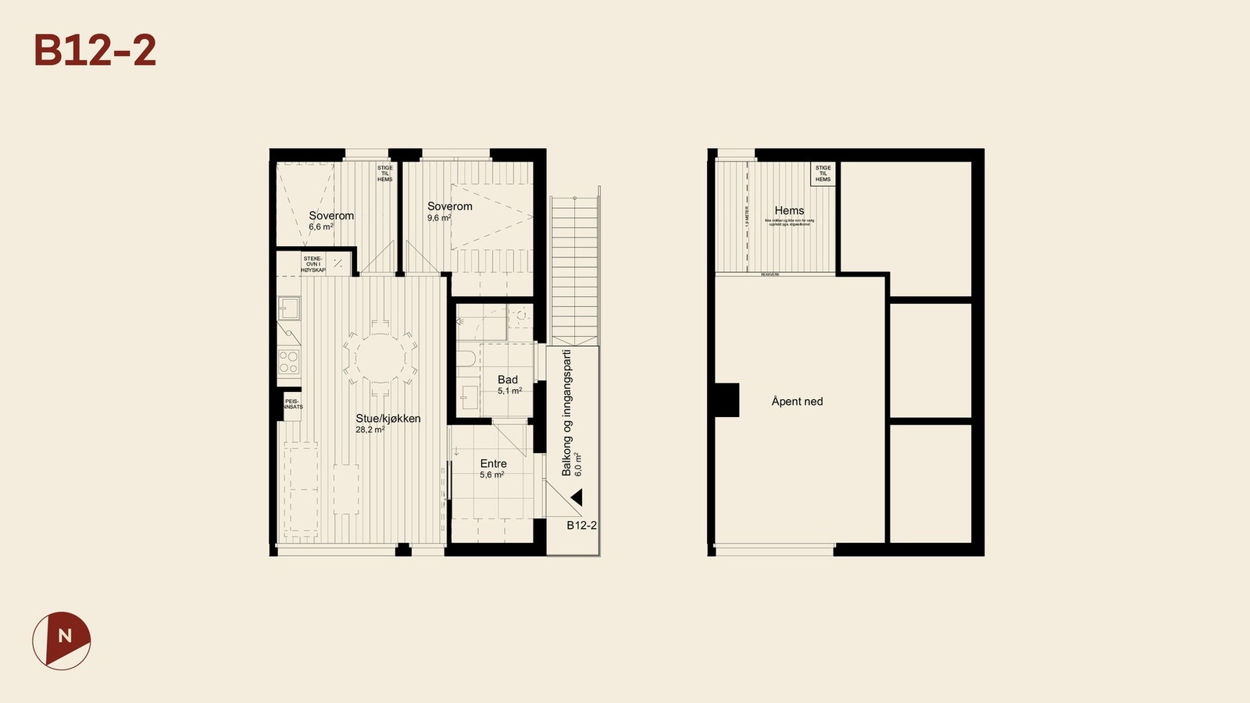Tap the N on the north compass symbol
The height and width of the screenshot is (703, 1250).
65,636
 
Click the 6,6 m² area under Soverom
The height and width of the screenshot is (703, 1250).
320,227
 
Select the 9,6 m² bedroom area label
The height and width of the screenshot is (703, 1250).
439,218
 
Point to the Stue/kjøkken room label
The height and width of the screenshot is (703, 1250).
388,419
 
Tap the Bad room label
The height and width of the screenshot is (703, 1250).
508,380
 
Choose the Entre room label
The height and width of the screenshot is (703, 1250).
494,463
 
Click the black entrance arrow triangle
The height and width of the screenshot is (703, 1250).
577,497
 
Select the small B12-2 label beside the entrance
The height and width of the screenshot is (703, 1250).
581,525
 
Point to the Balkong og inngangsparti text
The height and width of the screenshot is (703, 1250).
567,412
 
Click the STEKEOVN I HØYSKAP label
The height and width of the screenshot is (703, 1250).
313,264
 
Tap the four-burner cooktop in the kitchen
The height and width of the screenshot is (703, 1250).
288,362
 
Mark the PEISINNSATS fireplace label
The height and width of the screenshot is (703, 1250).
293,404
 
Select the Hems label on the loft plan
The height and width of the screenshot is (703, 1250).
789,210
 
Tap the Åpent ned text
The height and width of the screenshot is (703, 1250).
797,401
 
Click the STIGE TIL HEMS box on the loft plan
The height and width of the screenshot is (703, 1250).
823,173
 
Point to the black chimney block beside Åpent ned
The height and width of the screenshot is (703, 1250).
727,400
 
